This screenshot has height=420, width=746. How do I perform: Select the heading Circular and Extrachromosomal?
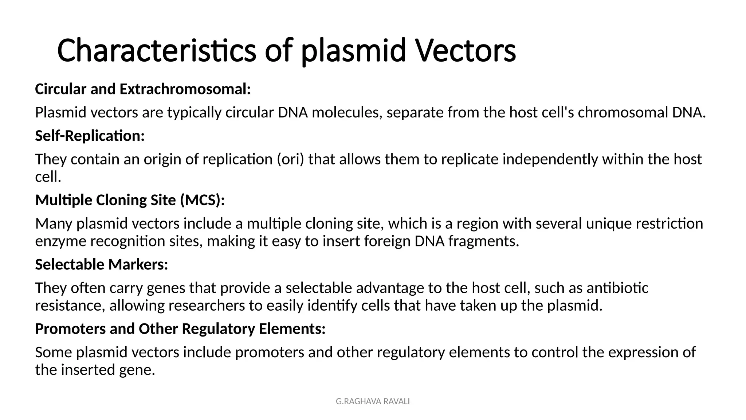tap(143, 89)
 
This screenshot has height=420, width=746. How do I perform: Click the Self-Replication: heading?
tap(90, 136)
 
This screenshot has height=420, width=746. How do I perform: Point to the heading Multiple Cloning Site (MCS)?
tap(130, 200)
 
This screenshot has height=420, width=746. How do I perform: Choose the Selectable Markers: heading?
tap(102, 265)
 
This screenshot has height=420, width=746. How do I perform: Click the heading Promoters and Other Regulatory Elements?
tap(180, 329)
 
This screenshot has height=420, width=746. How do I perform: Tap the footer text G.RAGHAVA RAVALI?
tap(373, 401)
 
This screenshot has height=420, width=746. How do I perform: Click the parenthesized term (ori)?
tap(290, 159)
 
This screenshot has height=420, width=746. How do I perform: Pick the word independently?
tap(550, 159)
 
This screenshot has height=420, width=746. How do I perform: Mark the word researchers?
tap(207, 306)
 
